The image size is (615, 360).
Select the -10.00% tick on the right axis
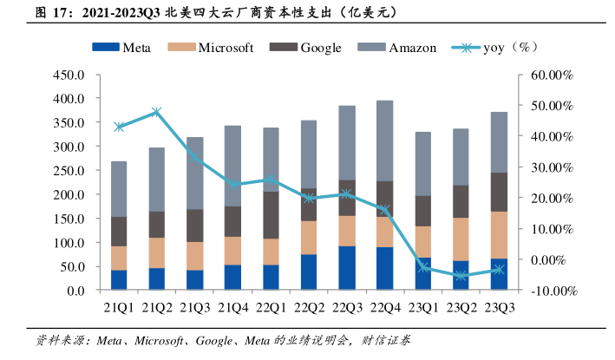click(x=550, y=291)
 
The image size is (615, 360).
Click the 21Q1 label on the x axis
click(x=119, y=307)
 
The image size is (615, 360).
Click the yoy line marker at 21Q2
click(x=157, y=112)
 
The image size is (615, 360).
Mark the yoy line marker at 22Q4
click(x=385, y=210)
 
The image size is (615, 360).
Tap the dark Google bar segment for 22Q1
click(x=271, y=214)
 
